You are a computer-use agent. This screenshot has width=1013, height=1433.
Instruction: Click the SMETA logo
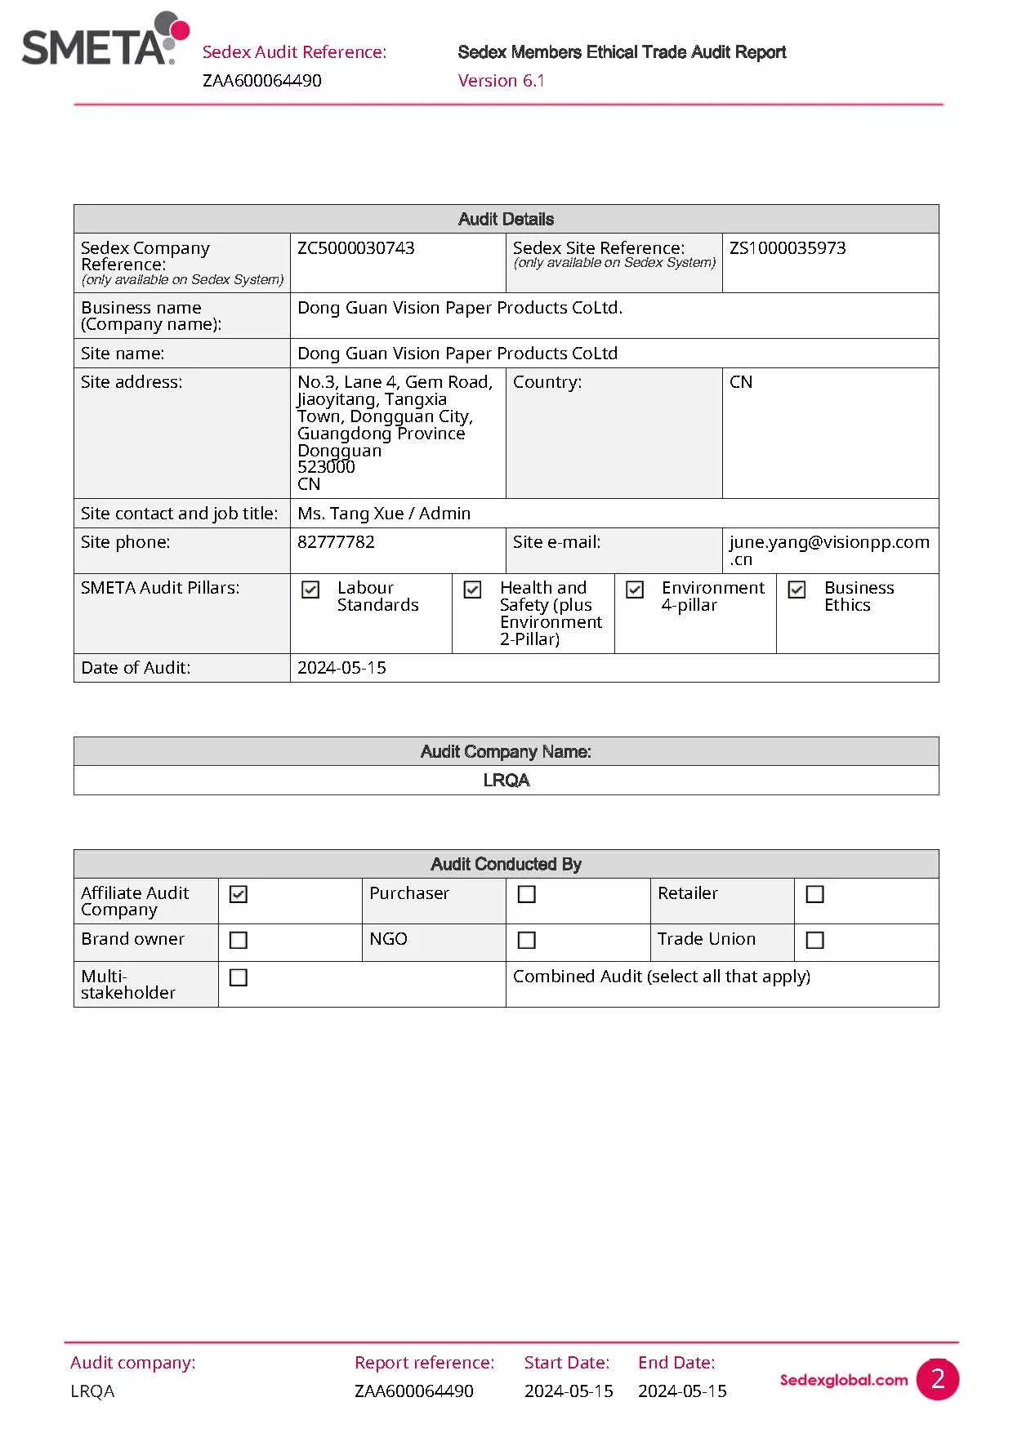(105, 40)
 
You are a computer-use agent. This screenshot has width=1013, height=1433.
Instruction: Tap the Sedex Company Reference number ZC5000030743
(356, 248)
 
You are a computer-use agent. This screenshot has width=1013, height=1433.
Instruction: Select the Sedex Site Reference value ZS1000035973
(788, 248)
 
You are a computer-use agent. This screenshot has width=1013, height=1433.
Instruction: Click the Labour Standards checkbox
(310, 590)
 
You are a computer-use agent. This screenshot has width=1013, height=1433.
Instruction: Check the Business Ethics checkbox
(797, 590)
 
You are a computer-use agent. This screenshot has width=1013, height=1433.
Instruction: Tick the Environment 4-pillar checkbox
(635, 590)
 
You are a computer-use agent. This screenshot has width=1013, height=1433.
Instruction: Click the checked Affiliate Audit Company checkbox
(239, 895)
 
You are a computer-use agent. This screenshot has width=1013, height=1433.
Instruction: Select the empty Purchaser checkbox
(527, 895)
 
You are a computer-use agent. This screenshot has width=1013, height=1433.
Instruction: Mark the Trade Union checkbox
(814, 941)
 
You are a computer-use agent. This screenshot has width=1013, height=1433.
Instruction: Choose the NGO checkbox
(527, 941)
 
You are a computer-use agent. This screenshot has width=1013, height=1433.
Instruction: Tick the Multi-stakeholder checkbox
(239, 977)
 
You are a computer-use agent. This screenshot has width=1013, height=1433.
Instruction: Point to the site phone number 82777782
(336, 542)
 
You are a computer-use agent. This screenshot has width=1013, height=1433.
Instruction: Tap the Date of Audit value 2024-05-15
(341, 668)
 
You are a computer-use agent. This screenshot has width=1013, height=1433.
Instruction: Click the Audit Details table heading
(506, 219)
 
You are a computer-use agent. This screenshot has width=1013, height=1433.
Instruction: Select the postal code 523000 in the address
(326, 467)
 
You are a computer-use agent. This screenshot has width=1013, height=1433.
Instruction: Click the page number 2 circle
(937, 1379)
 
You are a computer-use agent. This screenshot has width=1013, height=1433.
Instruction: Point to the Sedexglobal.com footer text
(843, 1380)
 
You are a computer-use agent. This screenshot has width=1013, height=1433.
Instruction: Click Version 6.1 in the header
(501, 81)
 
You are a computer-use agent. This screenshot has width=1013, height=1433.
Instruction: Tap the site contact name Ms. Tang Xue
(350, 514)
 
